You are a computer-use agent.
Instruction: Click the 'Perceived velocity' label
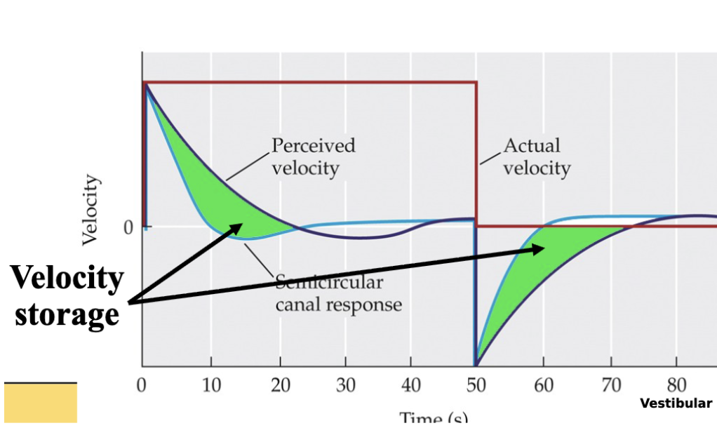[x=313, y=156]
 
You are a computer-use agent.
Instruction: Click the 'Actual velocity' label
[x=537, y=156]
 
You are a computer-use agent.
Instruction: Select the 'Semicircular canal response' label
[x=338, y=294]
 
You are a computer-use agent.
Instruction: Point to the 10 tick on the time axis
[x=210, y=385]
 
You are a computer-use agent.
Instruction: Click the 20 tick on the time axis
[x=279, y=385]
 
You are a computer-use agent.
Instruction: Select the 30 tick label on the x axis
[x=344, y=385]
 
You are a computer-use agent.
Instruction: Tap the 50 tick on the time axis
[x=477, y=385]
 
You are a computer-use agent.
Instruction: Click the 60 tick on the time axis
[x=544, y=385]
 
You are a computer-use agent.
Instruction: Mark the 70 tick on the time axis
[x=610, y=385]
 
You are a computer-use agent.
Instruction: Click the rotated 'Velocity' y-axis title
[x=90, y=210]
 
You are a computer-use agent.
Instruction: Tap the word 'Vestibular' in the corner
[x=676, y=403]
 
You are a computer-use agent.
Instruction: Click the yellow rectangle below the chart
[x=40, y=403]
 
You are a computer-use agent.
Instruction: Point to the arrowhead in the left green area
[x=238, y=227]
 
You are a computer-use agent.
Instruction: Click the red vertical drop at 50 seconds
[x=476, y=154]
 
